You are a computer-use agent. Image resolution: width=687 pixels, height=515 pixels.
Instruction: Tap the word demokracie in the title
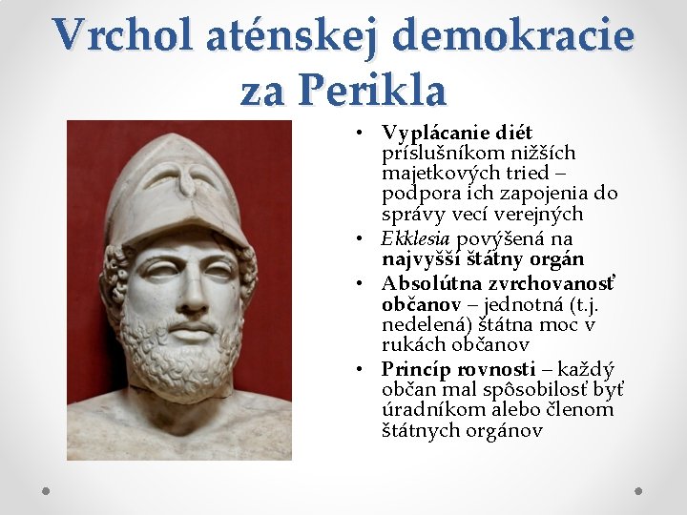(x=512, y=36)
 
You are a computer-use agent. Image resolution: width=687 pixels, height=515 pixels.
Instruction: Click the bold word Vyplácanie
(x=436, y=133)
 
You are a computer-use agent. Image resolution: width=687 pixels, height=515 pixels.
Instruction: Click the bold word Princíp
(x=417, y=369)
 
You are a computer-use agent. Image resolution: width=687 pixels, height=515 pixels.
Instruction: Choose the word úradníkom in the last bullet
(x=425, y=410)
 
